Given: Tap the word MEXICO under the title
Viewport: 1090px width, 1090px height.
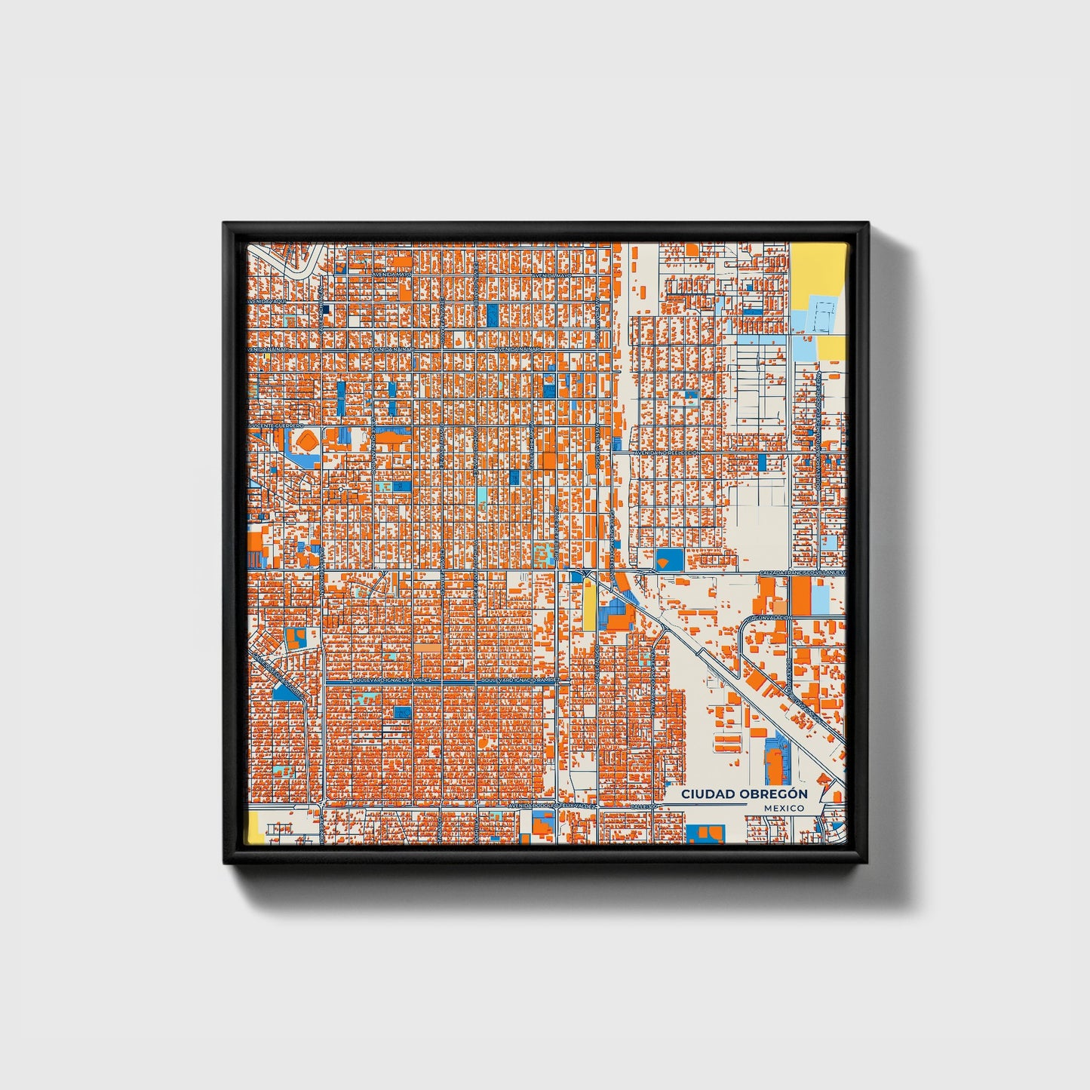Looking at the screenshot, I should point(783,808).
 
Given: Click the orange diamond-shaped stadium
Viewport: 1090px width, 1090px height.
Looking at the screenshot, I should point(306,439).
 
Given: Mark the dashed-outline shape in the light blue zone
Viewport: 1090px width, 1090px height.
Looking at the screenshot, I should point(821,317).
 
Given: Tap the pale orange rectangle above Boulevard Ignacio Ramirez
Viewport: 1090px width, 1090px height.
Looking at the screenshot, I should point(427,647).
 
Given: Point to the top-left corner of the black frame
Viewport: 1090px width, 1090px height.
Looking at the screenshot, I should point(225,224).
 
